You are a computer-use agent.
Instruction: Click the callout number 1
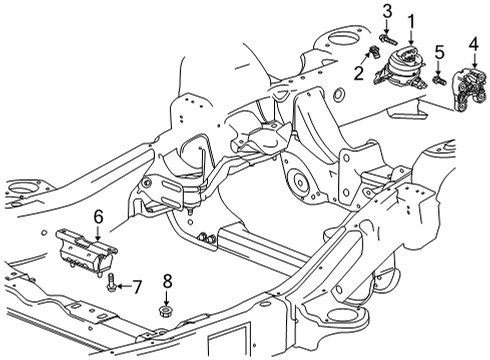click(411, 20)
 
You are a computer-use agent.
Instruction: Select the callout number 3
click(386, 10)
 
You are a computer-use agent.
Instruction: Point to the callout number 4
click(472, 43)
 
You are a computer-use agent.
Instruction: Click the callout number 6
click(98, 215)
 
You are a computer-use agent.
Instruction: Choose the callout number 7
click(138, 286)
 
